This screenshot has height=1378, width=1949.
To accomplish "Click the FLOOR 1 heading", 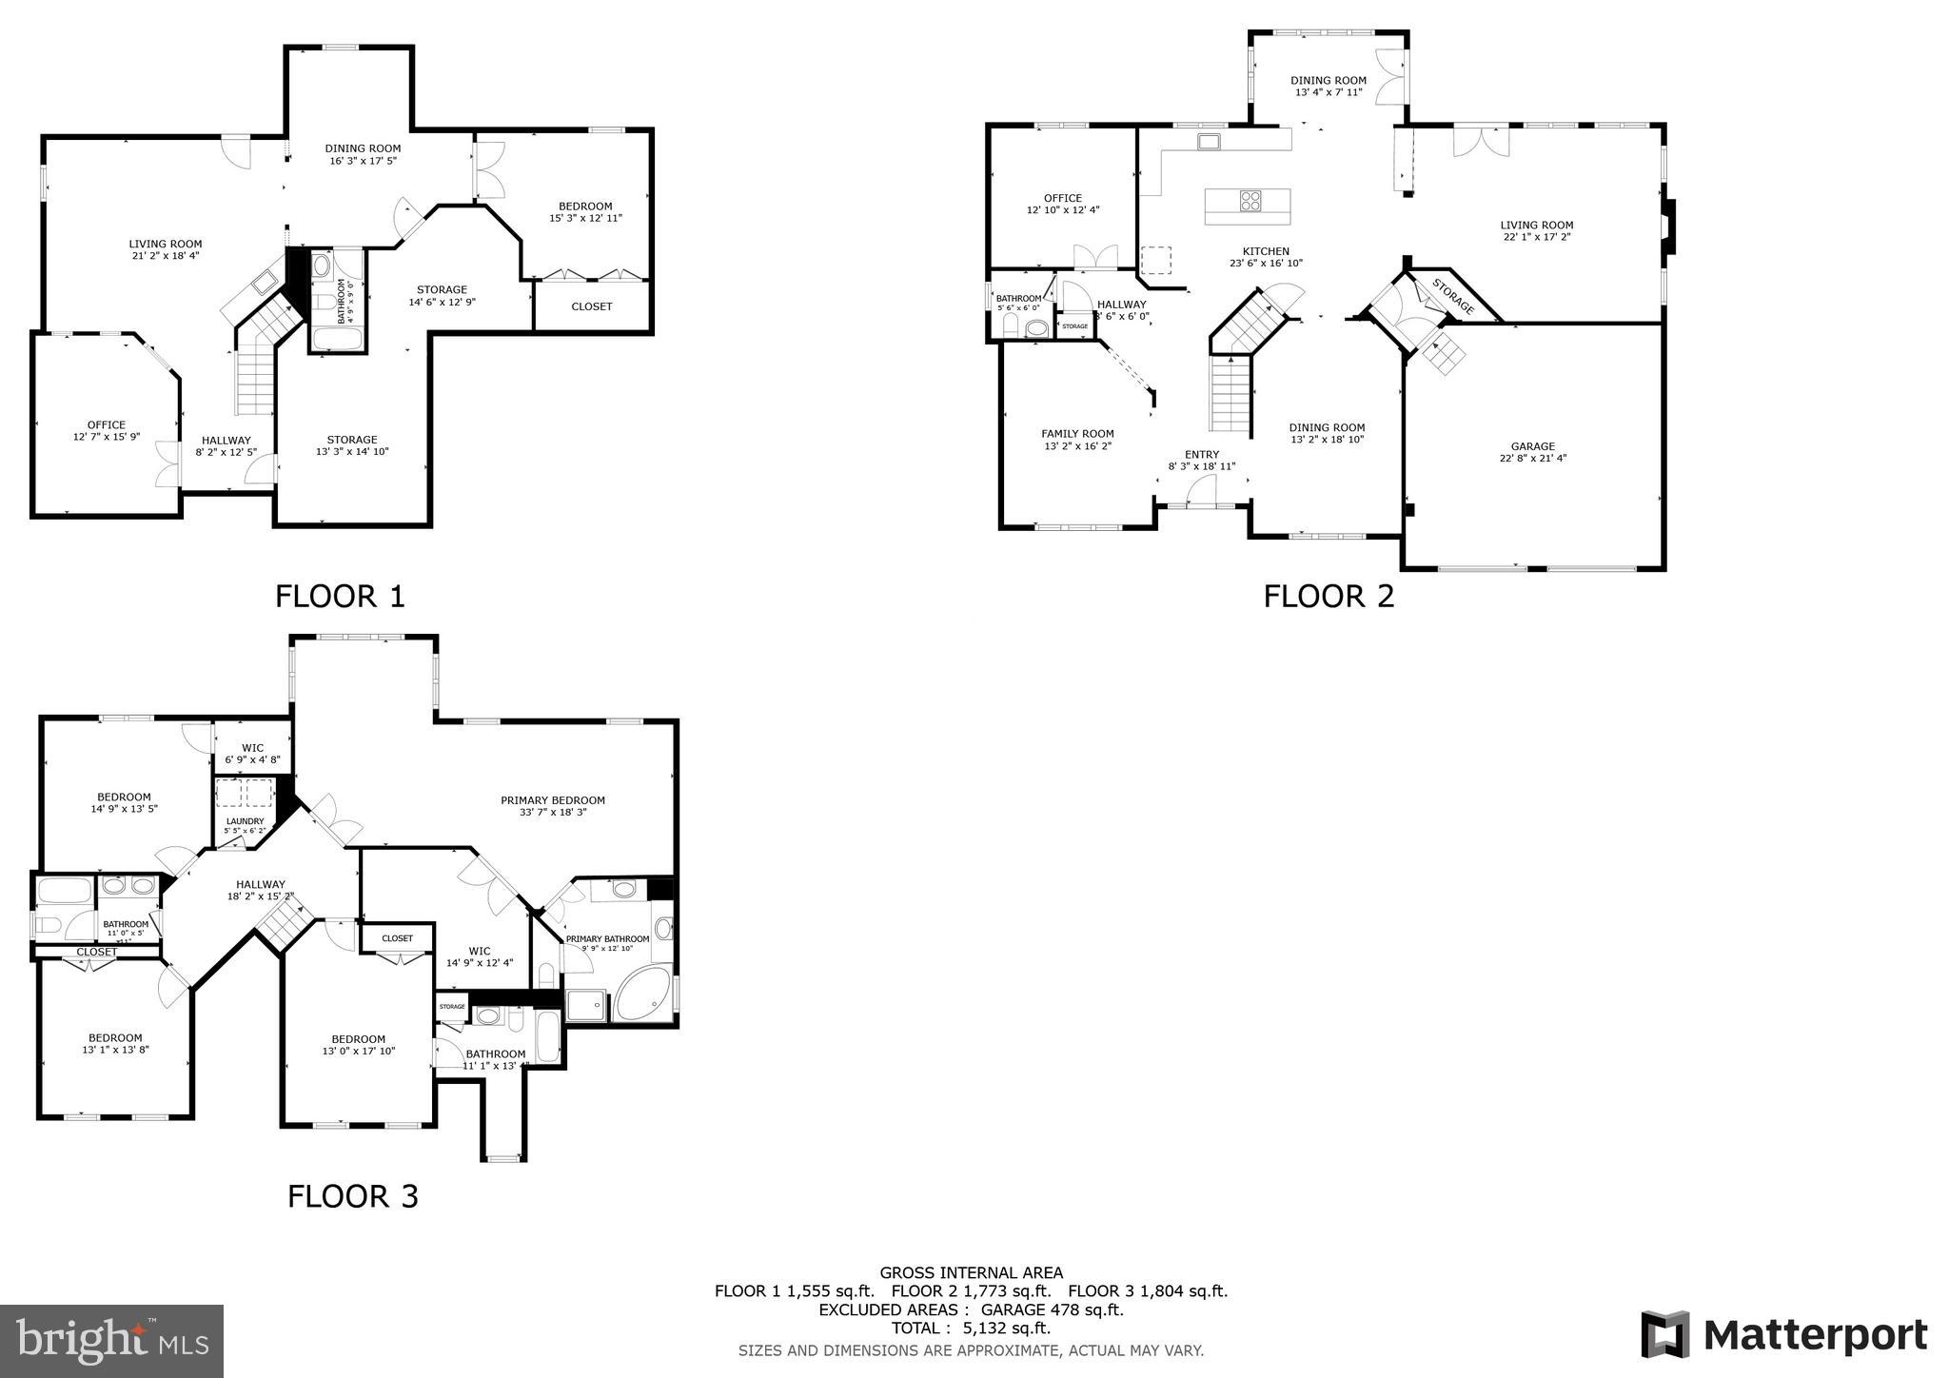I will click(x=340, y=597).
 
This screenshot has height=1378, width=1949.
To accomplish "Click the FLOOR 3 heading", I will click(x=352, y=1196).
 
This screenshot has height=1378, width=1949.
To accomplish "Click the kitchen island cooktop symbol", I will click(x=1250, y=201).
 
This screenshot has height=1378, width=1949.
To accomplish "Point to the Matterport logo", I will click(x=1784, y=1335).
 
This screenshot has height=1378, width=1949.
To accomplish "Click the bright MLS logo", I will click(x=111, y=1341).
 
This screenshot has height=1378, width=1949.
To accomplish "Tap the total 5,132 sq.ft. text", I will click(x=970, y=1329).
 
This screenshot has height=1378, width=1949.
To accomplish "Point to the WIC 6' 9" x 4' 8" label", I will click(x=252, y=754).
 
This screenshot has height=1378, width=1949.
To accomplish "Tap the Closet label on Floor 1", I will click(x=591, y=306).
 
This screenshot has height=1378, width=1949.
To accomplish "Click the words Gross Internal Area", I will click(x=971, y=1272).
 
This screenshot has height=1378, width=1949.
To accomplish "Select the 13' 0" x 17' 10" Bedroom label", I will click(x=358, y=1045).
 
